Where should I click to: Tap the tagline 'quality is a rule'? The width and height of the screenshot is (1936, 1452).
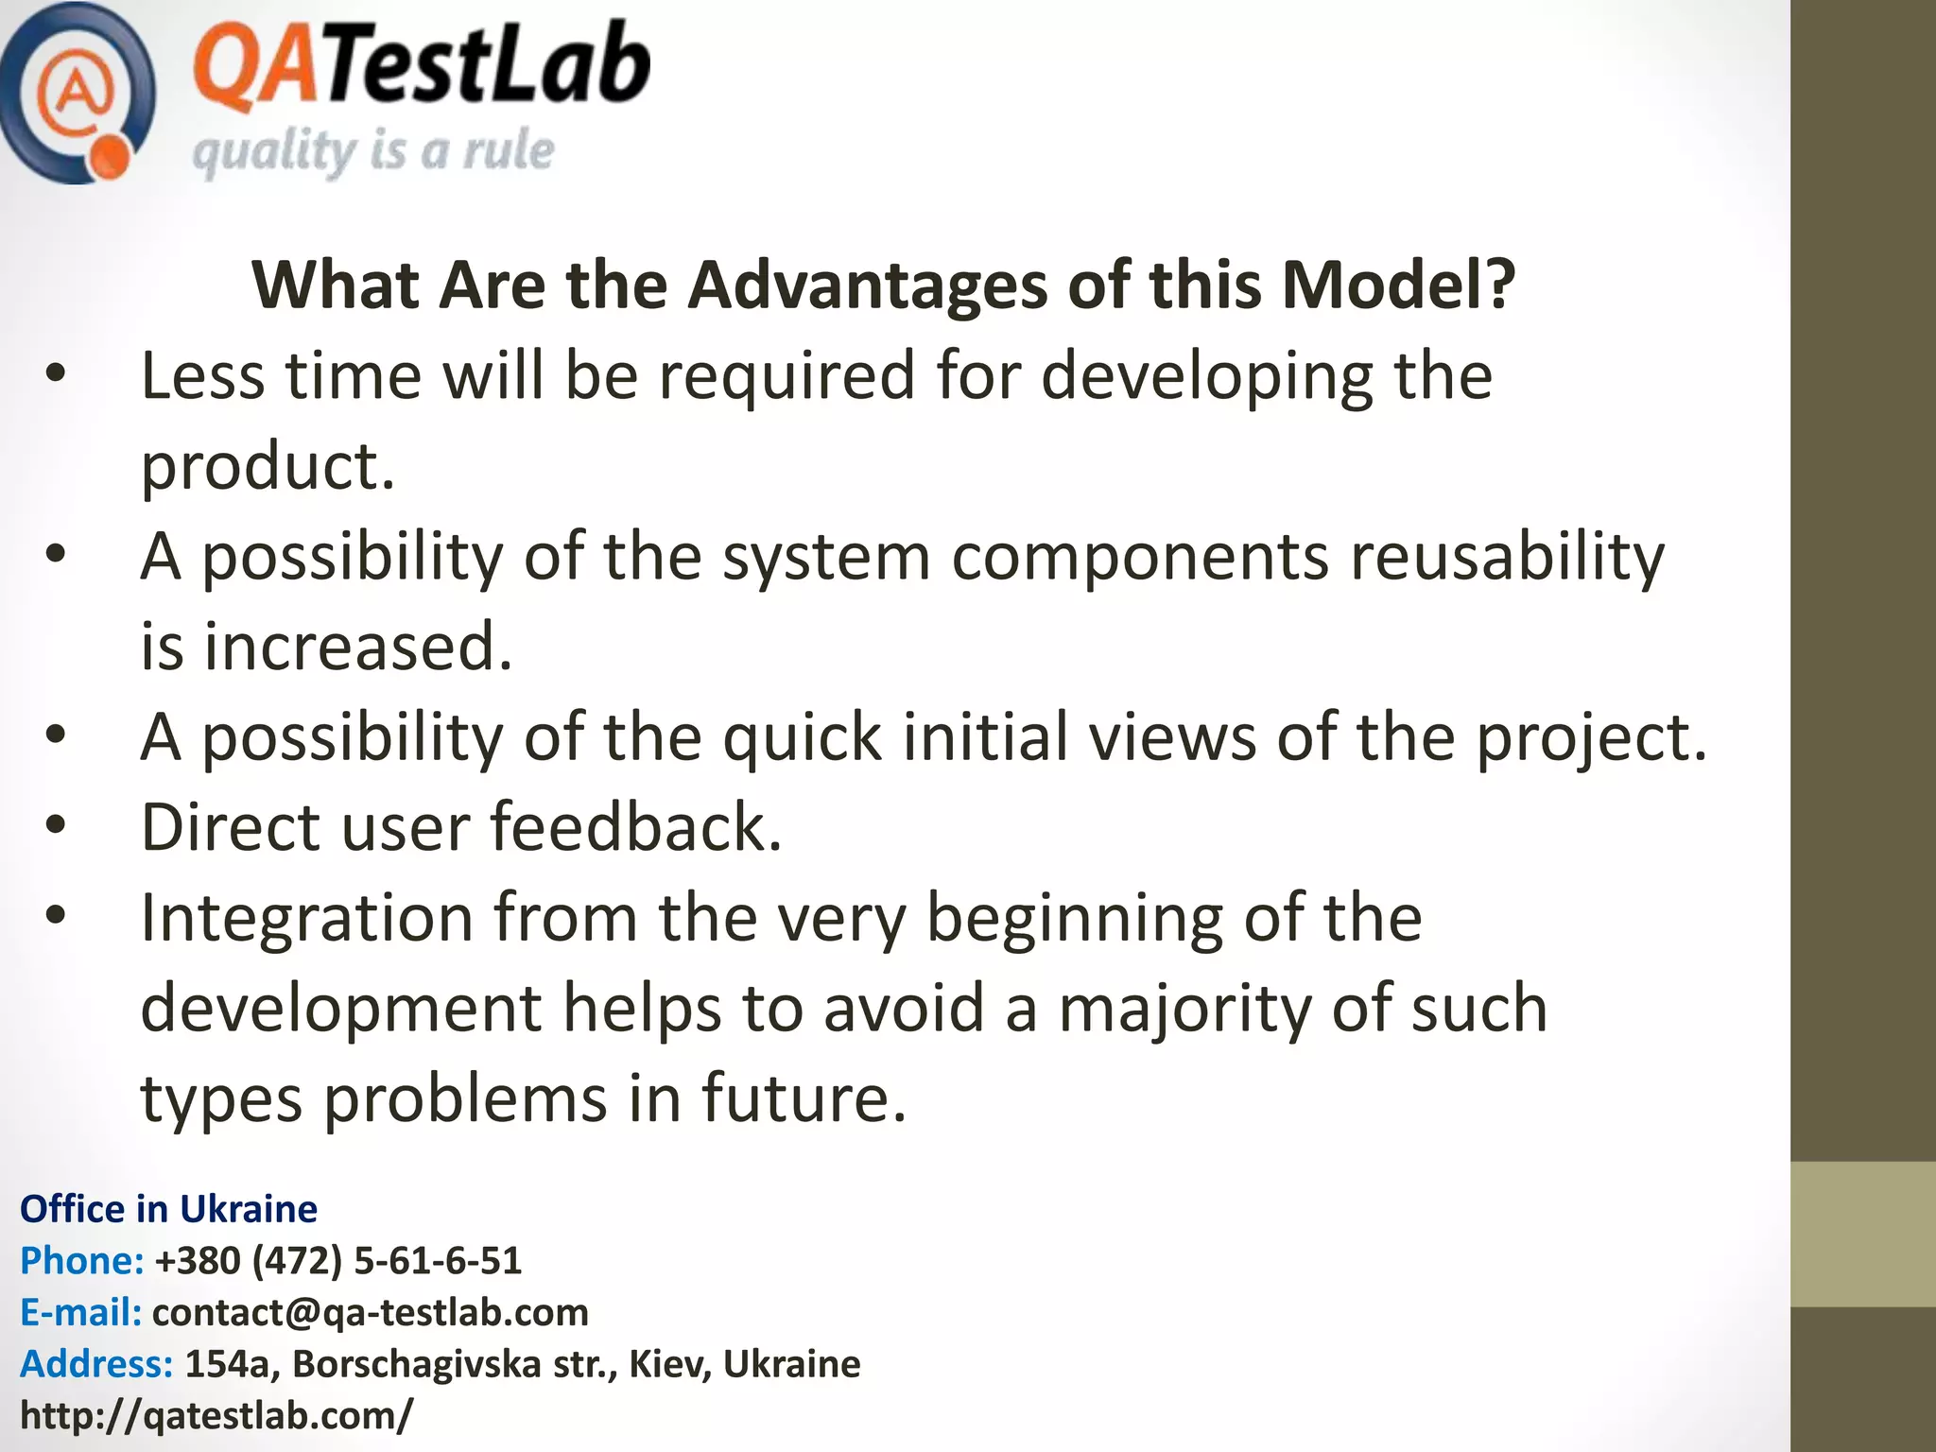pos(372,151)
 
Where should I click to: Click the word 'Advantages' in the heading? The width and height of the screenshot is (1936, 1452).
pos(867,285)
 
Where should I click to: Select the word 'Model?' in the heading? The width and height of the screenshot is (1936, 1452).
pos(1398,285)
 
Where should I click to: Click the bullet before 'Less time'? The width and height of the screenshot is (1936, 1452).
pos(56,373)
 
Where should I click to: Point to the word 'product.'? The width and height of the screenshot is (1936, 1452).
pos(268,467)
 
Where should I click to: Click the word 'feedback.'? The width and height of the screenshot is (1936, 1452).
pos(636,828)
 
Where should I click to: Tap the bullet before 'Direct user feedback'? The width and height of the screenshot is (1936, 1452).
pos(56,825)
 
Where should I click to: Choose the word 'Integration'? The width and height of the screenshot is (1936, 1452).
pos(306,918)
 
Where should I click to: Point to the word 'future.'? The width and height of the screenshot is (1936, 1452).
pos(804,1099)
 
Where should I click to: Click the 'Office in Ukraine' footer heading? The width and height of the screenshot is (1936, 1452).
pos(168,1209)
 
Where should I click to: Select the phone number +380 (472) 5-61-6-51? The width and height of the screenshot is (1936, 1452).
pos(337,1261)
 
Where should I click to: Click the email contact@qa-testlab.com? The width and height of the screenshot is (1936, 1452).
pos(370,1312)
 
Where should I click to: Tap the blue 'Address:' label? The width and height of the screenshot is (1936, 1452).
pos(96,1364)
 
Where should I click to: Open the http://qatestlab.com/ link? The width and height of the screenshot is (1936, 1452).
pos(216,1416)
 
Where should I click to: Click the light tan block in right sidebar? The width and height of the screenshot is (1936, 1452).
pos(1862,1235)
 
